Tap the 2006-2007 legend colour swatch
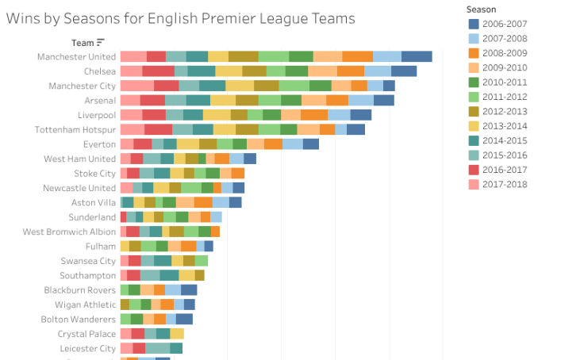tap(474, 23)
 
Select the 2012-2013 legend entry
tap(501, 110)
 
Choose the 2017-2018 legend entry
tap(501, 183)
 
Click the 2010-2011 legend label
tap(501, 81)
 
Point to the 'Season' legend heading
tap(482, 9)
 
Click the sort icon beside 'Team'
tap(101, 43)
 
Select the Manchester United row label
tap(76, 57)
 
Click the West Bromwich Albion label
tap(69, 232)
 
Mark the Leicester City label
tap(87, 348)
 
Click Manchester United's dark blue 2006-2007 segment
tap(417, 57)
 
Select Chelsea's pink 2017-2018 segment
tap(131, 71)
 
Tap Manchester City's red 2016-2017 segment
tap(166, 86)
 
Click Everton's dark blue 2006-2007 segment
tap(311, 144)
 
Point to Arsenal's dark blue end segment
tap(384, 101)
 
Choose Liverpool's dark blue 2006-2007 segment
tap(361, 115)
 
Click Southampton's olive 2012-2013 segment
tap(199, 275)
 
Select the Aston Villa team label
tap(94, 202)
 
